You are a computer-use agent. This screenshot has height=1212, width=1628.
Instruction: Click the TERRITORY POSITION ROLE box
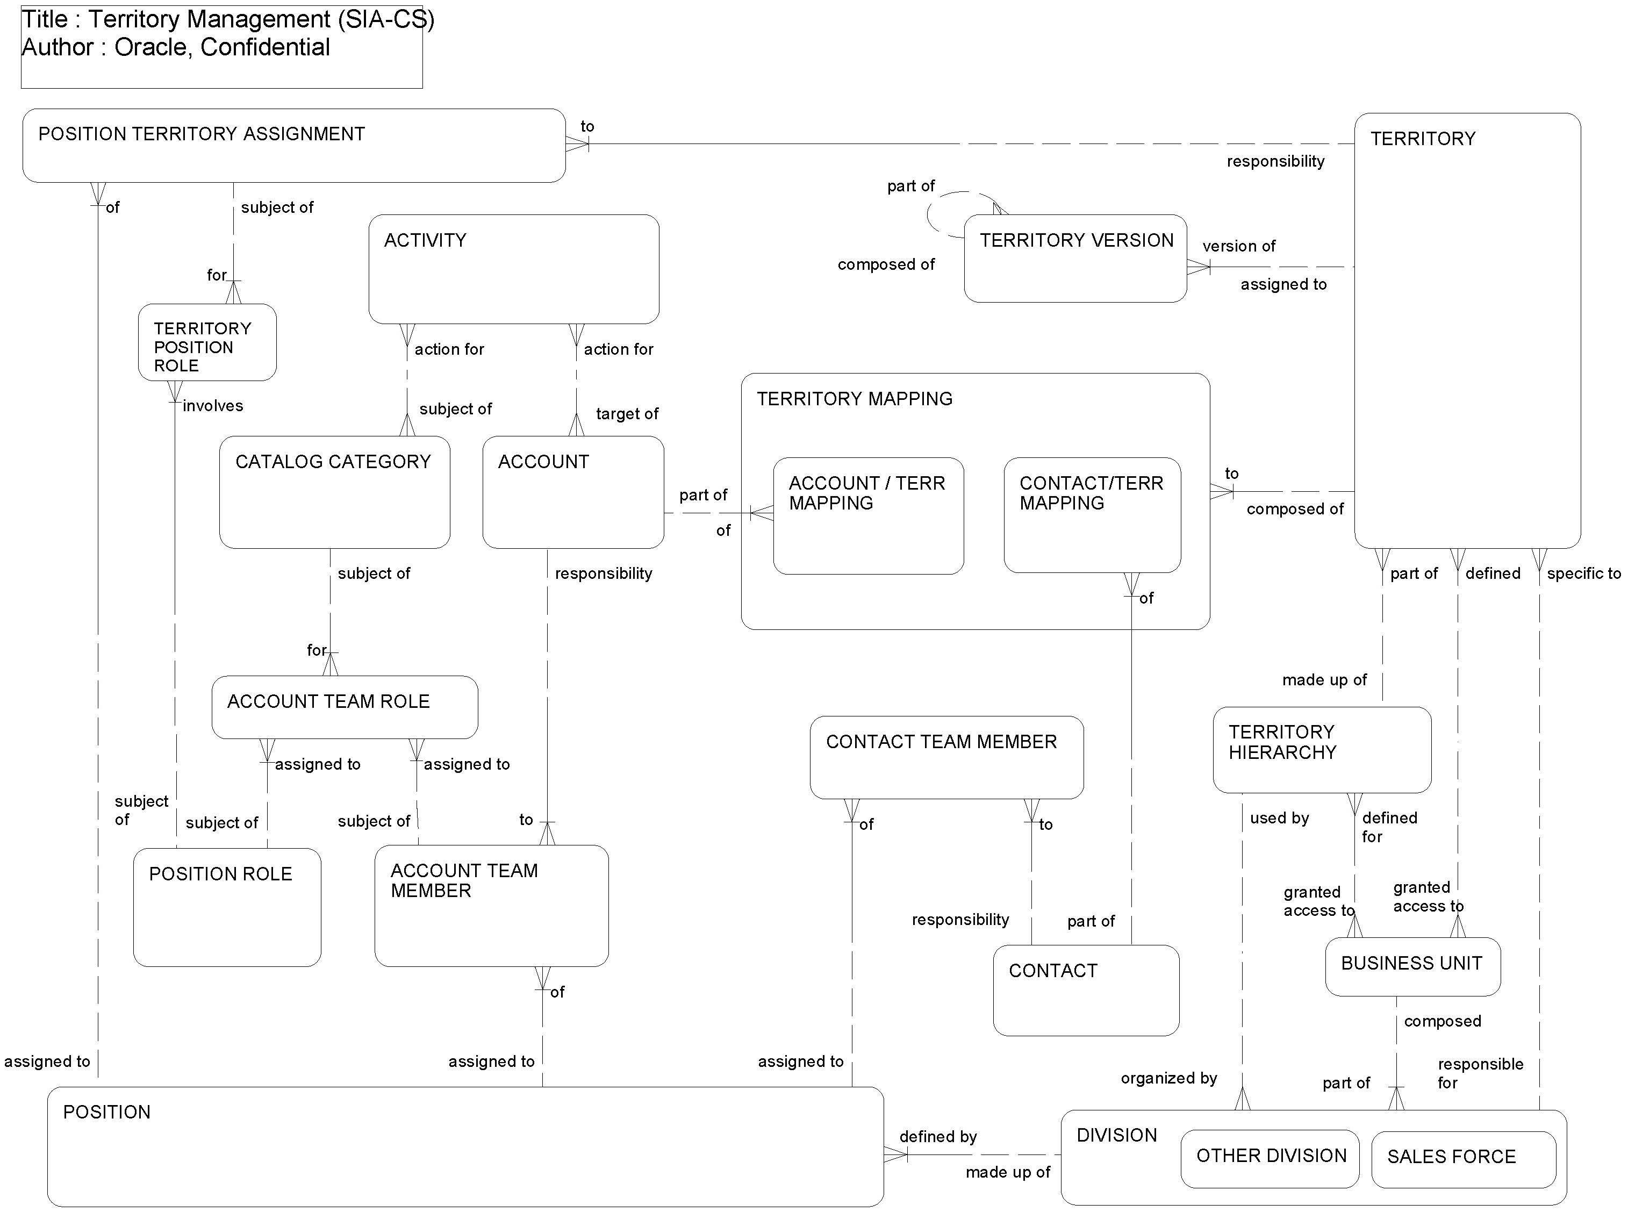[x=207, y=342]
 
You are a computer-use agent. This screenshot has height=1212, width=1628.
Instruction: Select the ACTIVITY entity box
[x=514, y=269]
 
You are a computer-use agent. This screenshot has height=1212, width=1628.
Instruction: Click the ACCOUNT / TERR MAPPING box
[x=868, y=516]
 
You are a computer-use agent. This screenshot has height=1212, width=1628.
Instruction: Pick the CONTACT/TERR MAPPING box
[x=1092, y=515]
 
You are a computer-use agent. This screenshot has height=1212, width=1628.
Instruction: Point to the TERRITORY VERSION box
[x=1075, y=258]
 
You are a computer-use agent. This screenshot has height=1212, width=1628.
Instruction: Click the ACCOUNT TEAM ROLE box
[x=344, y=707]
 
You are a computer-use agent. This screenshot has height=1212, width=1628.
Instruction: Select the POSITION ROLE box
[x=227, y=908]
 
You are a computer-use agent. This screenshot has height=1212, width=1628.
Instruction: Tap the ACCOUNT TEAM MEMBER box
[x=491, y=906]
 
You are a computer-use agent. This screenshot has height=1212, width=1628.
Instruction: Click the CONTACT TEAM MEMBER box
[x=946, y=757]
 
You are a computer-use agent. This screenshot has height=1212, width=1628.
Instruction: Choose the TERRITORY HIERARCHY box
[x=1321, y=750]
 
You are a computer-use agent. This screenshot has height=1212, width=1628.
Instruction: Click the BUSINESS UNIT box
[x=1412, y=966]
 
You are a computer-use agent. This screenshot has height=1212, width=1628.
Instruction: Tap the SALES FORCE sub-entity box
[x=1463, y=1159]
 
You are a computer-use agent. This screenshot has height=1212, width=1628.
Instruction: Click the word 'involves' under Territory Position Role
[x=213, y=406]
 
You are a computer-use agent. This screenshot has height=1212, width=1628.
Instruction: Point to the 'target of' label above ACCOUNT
[x=627, y=414]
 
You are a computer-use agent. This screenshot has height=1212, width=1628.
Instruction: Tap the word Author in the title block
[x=57, y=47]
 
